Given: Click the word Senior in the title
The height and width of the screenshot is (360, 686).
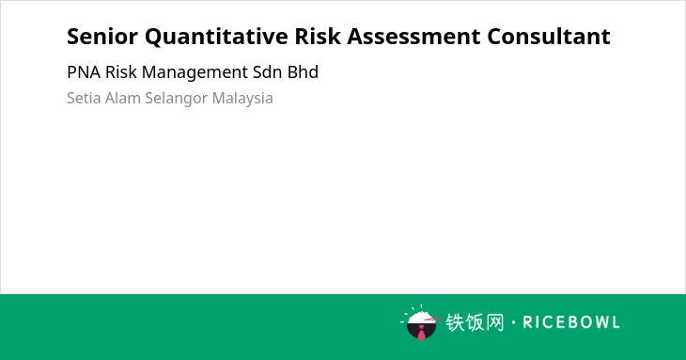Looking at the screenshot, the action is point(102,37).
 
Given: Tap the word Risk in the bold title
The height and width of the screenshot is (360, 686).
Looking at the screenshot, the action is point(318,36).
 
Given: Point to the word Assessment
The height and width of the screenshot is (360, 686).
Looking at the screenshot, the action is point(413,37).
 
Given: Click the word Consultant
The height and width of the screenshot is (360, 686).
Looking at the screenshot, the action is point(549,37).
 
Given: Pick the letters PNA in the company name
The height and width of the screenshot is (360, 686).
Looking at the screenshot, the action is point(84,72).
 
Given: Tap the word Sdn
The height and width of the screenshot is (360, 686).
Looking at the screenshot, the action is point(267,72).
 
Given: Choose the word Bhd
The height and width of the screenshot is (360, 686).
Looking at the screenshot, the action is point(303,72).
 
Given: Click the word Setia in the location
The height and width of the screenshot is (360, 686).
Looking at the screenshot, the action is point(84,98).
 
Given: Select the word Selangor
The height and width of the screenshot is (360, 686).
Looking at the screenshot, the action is point(177,99).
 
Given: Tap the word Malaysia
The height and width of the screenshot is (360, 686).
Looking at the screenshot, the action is point(242,99).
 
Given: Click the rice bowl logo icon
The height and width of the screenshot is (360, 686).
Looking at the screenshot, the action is point(420,322).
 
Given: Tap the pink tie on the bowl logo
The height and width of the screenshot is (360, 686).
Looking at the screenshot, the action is point(421,334).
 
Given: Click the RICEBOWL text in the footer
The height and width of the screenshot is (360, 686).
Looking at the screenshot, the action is point(571,322).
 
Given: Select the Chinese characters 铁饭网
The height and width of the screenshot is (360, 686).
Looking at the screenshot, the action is point(475,322).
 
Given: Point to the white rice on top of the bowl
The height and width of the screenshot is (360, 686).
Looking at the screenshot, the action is point(421,317).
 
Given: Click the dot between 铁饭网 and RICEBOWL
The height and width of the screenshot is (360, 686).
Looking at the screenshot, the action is point(514,322).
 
